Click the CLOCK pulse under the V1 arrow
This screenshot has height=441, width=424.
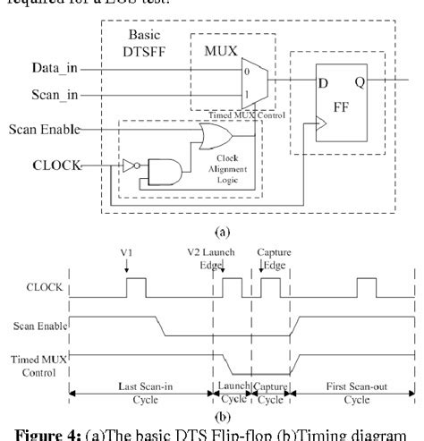[x=136, y=287]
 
